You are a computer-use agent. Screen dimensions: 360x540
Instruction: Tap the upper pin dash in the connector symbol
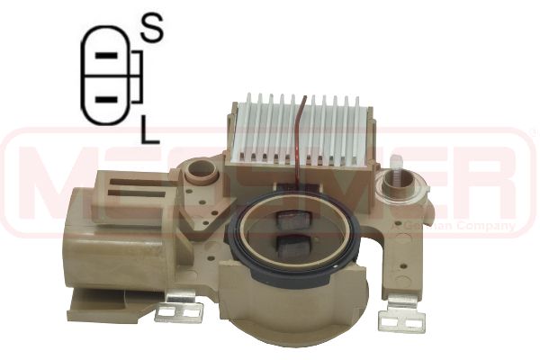[x=107, y=56]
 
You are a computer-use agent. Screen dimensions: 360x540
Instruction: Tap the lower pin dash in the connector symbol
[x=106, y=97]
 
